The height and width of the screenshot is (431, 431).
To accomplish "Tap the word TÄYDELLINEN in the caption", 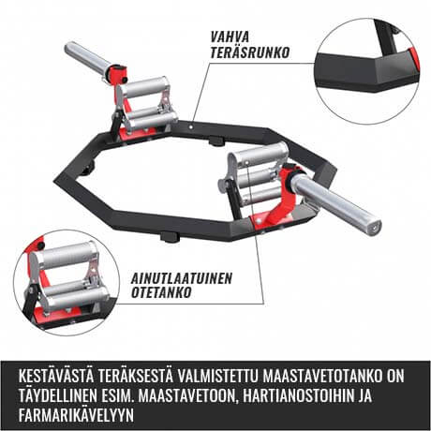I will pyautogui.click(x=60, y=394).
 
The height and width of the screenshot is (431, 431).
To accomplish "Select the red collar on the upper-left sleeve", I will pyautogui.click(x=118, y=73).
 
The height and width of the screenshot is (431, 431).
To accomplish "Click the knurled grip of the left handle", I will pyautogui.click(x=151, y=89).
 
